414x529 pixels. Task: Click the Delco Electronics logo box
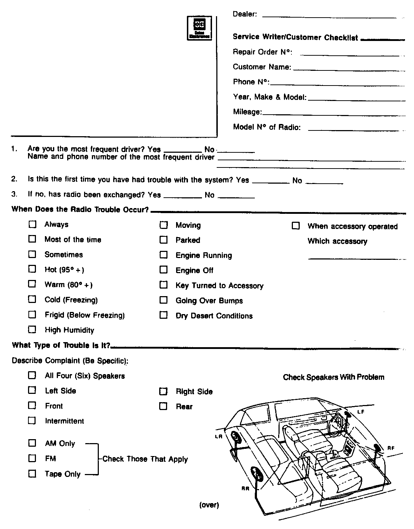click(199, 28)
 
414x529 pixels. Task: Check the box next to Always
click(32, 224)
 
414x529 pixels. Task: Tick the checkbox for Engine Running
click(164, 255)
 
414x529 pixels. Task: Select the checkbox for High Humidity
click(32, 329)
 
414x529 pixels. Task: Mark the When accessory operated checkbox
click(295, 226)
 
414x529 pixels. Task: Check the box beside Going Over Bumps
click(164, 300)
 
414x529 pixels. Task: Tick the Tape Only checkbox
click(32, 473)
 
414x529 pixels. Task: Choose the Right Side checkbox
click(164, 391)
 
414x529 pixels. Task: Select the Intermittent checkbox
click(32, 420)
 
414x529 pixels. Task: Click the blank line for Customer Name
click(349, 69)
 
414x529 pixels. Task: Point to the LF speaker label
click(361, 412)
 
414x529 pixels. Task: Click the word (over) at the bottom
click(209, 505)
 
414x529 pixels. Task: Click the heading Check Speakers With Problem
click(333, 377)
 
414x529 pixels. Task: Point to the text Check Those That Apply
click(145, 459)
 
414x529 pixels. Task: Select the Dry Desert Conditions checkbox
click(164, 315)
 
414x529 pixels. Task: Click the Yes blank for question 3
click(183, 197)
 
